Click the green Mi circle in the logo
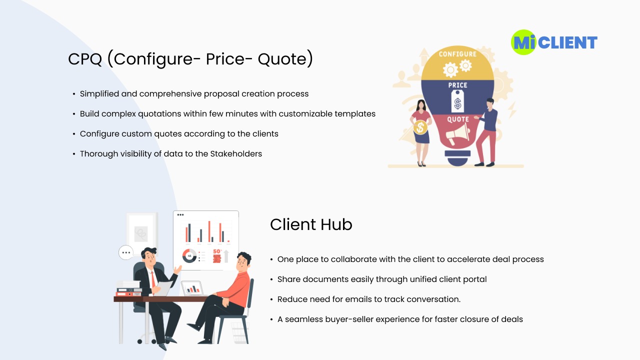pos(523,42)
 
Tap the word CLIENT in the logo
pos(567,43)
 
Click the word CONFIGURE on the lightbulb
pos(457,54)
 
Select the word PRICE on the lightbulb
pos(457,85)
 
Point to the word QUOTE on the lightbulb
pos(458,119)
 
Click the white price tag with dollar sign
pos(457,101)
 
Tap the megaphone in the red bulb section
pos(457,134)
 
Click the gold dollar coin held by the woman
pos(420,127)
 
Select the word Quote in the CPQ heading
pos(285,59)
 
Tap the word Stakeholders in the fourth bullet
pos(236,153)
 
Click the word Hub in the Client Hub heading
pos(336,224)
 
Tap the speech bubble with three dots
pos(126,252)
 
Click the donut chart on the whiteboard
pos(189,255)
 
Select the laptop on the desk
pos(192,288)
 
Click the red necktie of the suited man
pos(153,280)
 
